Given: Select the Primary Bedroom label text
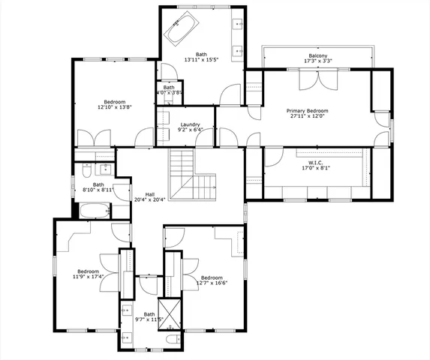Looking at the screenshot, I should coord(308,110).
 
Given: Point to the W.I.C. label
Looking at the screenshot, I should coord(315,163).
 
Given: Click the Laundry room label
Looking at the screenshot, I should coord(190,124).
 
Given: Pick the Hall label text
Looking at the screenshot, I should coord(149,193).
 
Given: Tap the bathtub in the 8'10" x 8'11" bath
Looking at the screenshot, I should coord(95,208).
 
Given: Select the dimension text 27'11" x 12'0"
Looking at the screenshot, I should coord(308,116).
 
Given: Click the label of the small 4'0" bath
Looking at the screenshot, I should coord(169,88).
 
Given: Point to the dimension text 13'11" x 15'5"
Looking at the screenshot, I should coord(201,60).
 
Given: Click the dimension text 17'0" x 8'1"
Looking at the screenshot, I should coord(315,169).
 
